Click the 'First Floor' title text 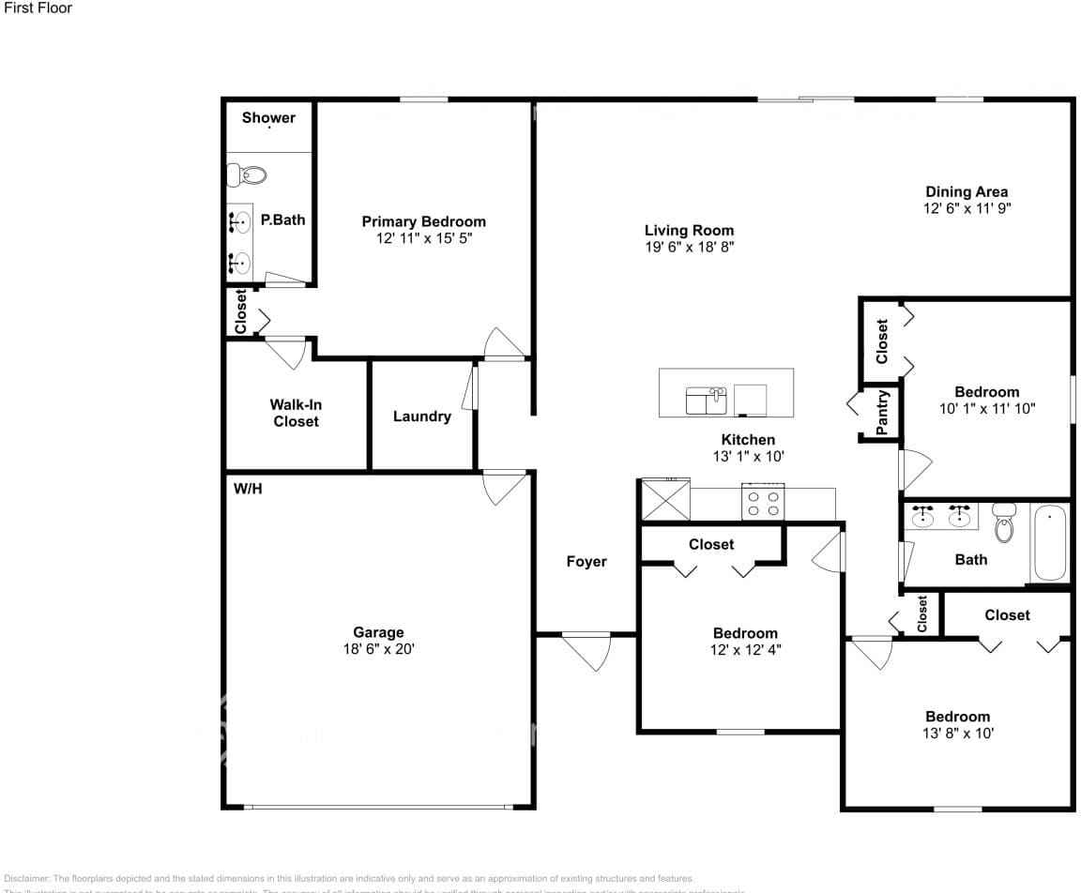tap(38, 8)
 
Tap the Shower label tap(268, 117)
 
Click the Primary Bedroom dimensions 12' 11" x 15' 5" tap(424, 239)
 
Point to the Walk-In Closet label tap(296, 414)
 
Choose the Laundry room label tap(421, 416)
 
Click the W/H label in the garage tap(247, 489)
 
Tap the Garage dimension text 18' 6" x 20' tap(378, 649)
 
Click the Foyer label tap(586, 562)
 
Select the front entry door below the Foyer tap(586, 649)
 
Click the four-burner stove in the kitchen tap(762, 500)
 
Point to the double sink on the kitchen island tap(707, 401)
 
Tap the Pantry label tap(882, 413)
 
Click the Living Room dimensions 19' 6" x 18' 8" tap(689, 248)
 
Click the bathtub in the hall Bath tap(1049, 543)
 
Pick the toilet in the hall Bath tap(1004, 523)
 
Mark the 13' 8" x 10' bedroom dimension tap(957, 734)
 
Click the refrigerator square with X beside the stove tap(664, 499)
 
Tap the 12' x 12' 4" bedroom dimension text tap(745, 650)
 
